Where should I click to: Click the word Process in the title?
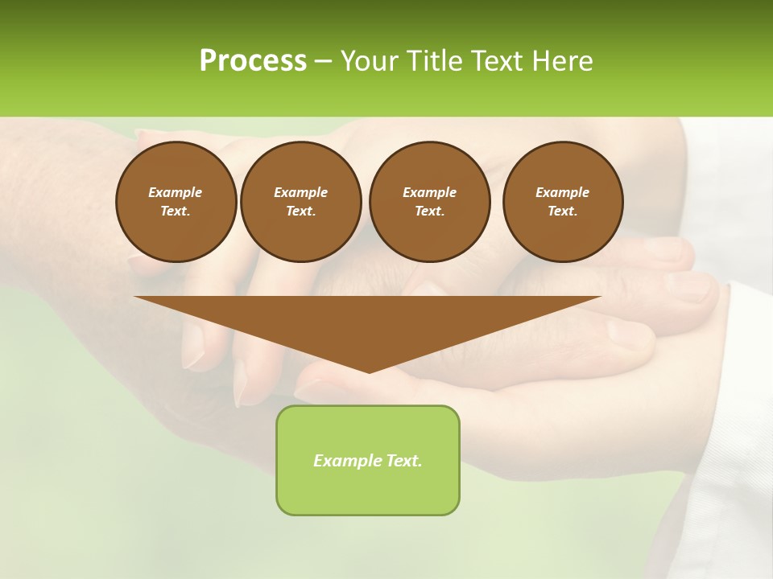253,60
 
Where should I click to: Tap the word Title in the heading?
432,60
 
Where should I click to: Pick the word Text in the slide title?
496,60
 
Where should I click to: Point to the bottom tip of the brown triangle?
369,372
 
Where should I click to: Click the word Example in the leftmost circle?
176,192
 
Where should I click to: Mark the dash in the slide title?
323,61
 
